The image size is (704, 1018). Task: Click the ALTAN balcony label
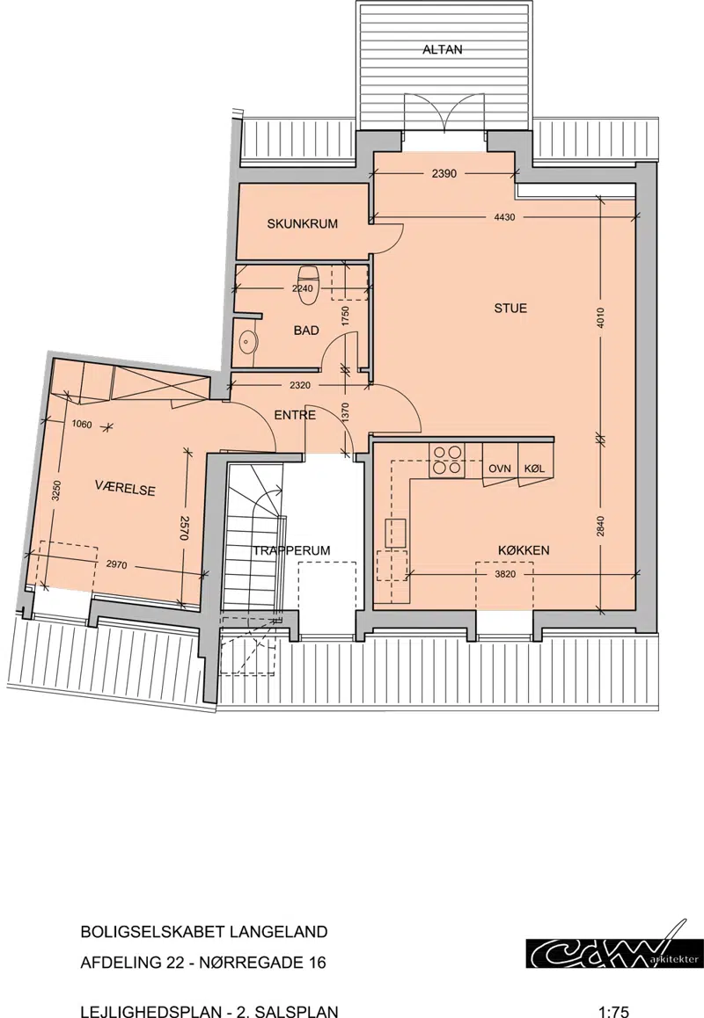pyautogui.click(x=442, y=49)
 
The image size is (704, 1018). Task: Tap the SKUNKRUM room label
pyautogui.click(x=302, y=224)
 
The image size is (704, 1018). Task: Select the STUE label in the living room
pyautogui.click(x=510, y=309)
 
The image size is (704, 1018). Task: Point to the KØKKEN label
pyautogui.click(x=524, y=550)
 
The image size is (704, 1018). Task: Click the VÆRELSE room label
pyautogui.click(x=125, y=488)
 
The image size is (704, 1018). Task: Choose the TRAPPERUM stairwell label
pyautogui.click(x=291, y=550)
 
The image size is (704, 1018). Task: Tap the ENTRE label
pyautogui.click(x=295, y=415)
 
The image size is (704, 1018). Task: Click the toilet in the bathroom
pyautogui.click(x=307, y=285)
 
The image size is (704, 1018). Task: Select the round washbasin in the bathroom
pyautogui.click(x=247, y=340)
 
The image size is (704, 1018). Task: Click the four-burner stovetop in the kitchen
pyautogui.click(x=446, y=460)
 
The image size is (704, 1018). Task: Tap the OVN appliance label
pyautogui.click(x=499, y=469)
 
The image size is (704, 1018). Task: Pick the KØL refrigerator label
pyautogui.click(x=533, y=469)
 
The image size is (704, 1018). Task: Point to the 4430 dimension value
pyautogui.click(x=504, y=217)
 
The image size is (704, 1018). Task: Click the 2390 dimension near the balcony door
pyautogui.click(x=444, y=173)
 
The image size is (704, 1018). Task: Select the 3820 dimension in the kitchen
pyautogui.click(x=505, y=575)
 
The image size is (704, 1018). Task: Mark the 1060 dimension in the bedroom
pyautogui.click(x=81, y=425)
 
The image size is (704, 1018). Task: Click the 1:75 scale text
pyautogui.click(x=613, y=1012)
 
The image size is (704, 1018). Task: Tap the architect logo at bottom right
pyautogui.click(x=614, y=945)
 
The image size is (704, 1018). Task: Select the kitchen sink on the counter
pyautogui.click(x=395, y=533)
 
